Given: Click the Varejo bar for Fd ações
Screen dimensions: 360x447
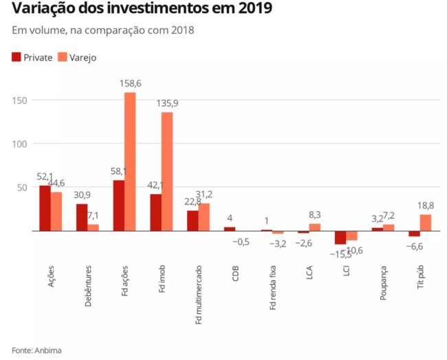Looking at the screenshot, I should click(130, 162).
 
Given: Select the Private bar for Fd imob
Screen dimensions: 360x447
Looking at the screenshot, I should click(156, 213).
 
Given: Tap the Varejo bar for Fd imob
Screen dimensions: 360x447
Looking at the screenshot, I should click(167, 171).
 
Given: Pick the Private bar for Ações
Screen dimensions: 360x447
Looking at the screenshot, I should click(45, 209).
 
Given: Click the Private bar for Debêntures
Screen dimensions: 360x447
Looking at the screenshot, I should click(82, 218).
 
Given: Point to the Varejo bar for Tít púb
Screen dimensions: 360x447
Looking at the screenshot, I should click(426, 223).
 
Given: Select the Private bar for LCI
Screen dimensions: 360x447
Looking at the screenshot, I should click(340, 237).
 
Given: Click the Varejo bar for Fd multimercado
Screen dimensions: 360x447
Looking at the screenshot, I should click(204, 218).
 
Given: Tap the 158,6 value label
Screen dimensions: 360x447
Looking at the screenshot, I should click(130, 83).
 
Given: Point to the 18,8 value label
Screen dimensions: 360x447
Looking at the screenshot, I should click(426, 205).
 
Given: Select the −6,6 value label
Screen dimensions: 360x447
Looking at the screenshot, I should click(414, 246).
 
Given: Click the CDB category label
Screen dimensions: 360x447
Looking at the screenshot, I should click(235, 271).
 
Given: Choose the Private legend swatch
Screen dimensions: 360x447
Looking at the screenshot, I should click(17, 57).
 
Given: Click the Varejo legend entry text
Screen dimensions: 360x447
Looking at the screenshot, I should click(83, 58).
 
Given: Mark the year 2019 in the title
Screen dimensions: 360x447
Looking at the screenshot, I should click(252, 9).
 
